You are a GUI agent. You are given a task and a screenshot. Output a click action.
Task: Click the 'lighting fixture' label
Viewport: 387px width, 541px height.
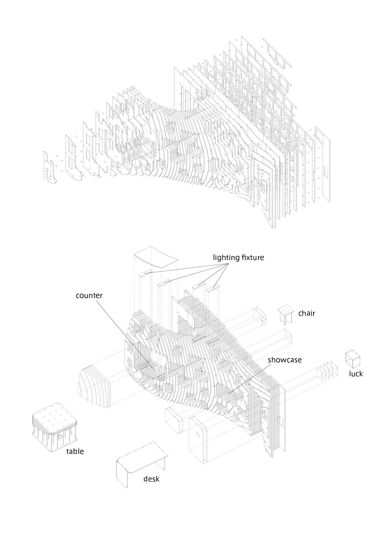[x=238, y=258]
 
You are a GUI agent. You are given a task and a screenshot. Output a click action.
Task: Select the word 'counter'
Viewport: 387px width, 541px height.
[x=89, y=295]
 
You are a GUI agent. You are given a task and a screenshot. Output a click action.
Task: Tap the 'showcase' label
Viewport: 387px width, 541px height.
[x=285, y=360]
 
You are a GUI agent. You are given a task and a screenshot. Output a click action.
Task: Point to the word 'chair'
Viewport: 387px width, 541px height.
[x=307, y=313]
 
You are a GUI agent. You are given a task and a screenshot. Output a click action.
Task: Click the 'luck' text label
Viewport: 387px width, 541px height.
[x=356, y=374]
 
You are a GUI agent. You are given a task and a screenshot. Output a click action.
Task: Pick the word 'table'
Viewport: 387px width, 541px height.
[x=75, y=451]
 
